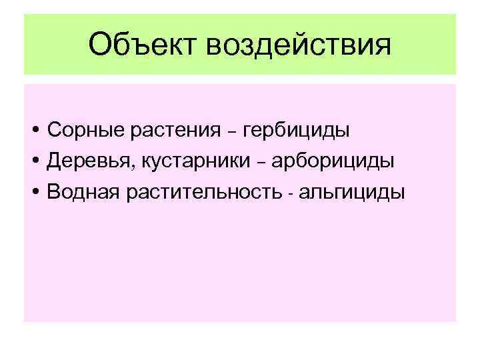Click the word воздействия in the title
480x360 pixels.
299,46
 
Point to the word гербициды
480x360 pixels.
297,131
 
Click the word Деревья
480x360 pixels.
84,161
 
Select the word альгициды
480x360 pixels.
351,193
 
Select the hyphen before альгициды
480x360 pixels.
291,194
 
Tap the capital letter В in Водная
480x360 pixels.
55,192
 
